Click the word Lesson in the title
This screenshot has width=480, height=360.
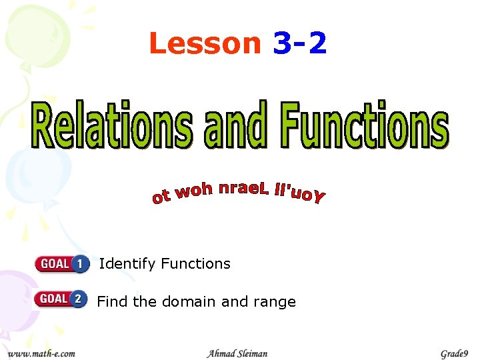coord(205,44)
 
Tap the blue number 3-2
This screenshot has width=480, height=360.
coord(300,44)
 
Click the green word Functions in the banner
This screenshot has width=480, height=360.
coord(365,125)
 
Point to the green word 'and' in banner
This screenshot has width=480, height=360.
coord(236,126)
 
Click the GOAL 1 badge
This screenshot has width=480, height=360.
coord(62,264)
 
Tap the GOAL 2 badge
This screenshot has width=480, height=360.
coord(61,299)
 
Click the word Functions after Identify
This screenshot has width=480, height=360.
coord(195,264)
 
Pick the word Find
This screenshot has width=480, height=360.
coord(112,301)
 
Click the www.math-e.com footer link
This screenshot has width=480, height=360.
coord(41,353)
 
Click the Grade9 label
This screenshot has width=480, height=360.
coord(454,353)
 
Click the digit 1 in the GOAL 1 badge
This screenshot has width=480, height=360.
coord(80,264)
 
